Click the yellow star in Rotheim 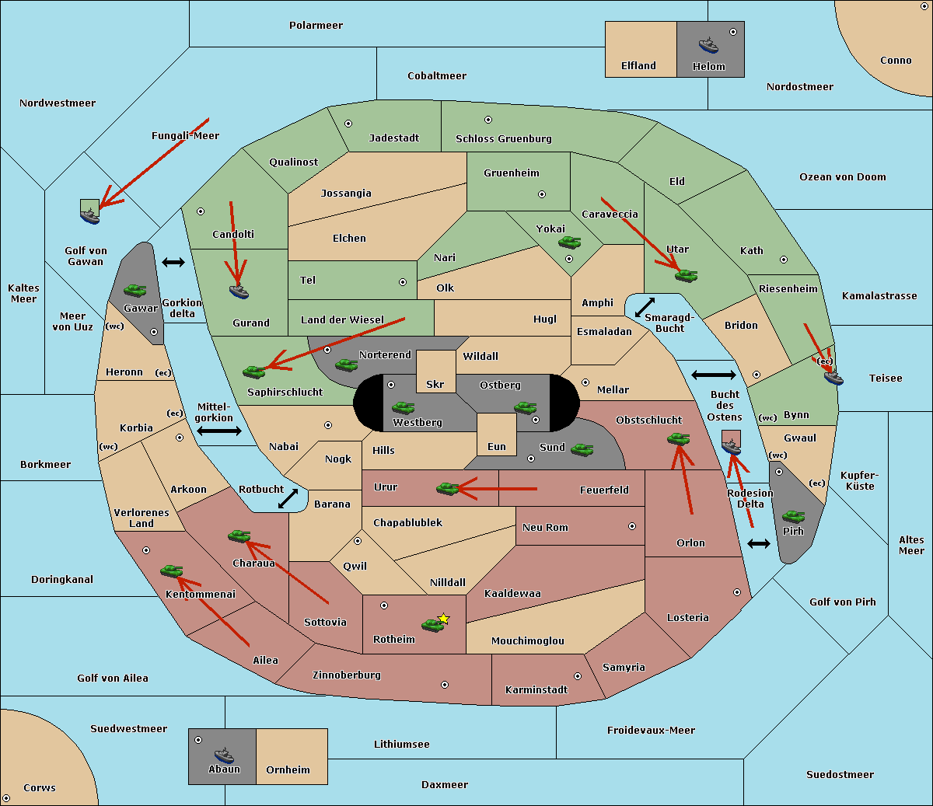point(444,618)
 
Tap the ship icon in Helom point(708,46)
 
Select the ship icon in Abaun point(224,755)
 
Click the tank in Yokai point(569,242)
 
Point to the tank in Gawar point(135,290)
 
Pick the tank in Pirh point(793,516)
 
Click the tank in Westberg point(403,407)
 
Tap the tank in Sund point(582,449)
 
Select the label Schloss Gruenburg point(503,138)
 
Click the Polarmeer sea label point(316,26)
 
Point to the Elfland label point(638,66)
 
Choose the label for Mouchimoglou point(528,640)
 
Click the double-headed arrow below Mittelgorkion point(219,431)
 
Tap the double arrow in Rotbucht point(288,498)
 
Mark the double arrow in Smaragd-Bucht point(645,307)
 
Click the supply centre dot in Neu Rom point(632,526)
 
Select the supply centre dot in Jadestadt point(348,124)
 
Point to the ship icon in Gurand point(239,291)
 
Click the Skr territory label point(435,384)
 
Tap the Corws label point(40,787)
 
